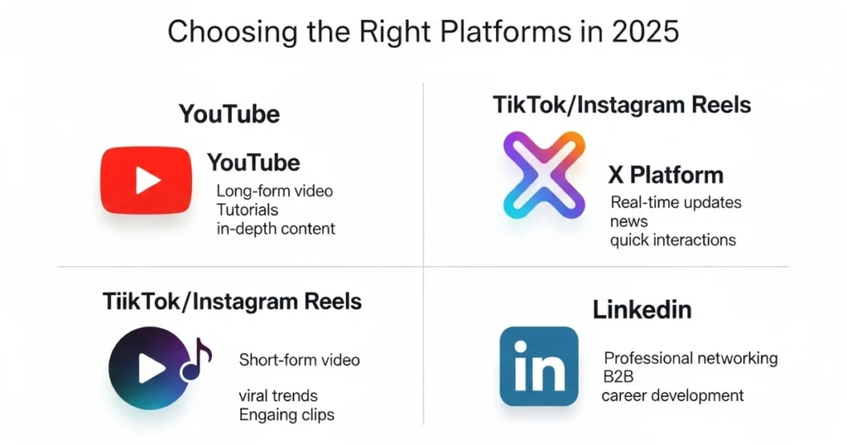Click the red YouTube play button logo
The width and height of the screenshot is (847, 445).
click(x=146, y=179)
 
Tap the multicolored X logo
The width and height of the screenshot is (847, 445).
click(x=544, y=175)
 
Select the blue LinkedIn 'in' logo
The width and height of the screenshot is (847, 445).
click(x=538, y=366)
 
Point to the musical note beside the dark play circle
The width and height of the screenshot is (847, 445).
click(x=196, y=360)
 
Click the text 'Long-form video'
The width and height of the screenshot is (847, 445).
click(x=275, y=191)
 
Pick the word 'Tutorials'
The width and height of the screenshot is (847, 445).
click(x=247, y=209)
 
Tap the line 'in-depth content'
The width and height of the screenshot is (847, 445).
click(x=276, y=228)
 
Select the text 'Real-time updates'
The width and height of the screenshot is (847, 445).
click(x=676, y=203)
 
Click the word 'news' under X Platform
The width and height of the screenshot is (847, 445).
click(x=629, y=222)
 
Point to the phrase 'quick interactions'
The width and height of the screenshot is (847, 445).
click(x=673, y=240)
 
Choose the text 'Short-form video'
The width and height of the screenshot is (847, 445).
click(x=299, y=360)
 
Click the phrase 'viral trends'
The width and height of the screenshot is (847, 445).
click(x=278, y=396)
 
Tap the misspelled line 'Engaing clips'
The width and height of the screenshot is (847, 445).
click(x=287, y=414)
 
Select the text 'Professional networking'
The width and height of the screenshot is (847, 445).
click(x=691, y=358)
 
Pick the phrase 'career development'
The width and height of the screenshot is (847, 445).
click(x=672, y=395)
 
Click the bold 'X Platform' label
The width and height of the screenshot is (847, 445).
click(x=666, y=175)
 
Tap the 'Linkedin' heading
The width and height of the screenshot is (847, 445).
click(x=642, y=309)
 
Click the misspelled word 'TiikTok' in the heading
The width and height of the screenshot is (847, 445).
click(x=141, y=301)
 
